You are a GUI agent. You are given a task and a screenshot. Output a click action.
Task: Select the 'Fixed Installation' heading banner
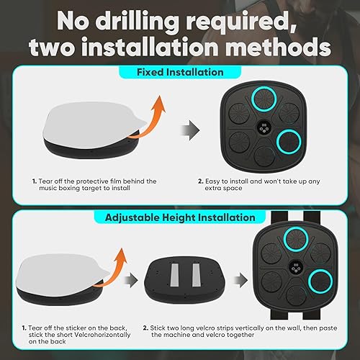tap(180, 72)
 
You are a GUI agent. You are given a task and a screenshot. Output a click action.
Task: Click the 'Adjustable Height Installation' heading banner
tap(180, 217)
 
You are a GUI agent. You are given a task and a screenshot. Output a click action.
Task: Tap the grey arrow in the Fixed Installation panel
tap(190, 130)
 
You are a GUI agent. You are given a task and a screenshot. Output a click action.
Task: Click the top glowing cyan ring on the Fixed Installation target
tap(264, 99)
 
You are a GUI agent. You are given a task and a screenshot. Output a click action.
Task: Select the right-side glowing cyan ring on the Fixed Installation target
tap(289, 142)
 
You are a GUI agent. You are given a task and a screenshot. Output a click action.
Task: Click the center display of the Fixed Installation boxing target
tap(264, 128)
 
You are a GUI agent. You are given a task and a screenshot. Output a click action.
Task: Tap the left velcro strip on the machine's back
tap(174, 275)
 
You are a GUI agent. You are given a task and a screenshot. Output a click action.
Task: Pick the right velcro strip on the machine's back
tap(196, 275)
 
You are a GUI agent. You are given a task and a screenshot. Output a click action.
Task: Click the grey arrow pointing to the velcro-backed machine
tap(131, 279)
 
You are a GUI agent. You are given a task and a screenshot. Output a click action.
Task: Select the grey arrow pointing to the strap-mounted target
tap(240, 279)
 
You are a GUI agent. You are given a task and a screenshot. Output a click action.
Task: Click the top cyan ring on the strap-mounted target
tap(296, 239)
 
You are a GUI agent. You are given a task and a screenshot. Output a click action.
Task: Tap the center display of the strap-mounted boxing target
tap(296, 266)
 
